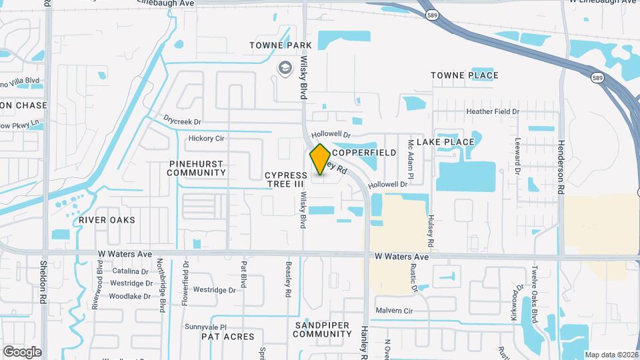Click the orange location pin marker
(320, 160)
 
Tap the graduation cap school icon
(285, 68)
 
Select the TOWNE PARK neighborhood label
(281, 45)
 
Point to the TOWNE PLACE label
(464, 75)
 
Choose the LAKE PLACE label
(445, 142)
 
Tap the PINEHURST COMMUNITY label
(197, 168)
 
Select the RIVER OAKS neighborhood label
(107, 220)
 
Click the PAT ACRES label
(228, 337)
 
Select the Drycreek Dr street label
(182, 121)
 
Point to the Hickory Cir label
(206, 139)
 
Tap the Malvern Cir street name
(394, 311)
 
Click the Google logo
(23, 351)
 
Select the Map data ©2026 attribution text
(611, 355)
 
